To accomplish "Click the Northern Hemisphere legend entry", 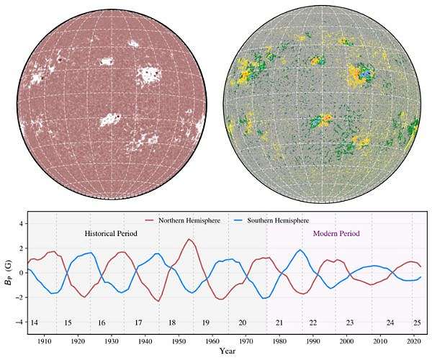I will [184, 219].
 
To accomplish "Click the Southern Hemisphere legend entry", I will [277, 219].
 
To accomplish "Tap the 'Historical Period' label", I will [111, 234].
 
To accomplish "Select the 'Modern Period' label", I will [336, 234].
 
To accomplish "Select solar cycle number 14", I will [34, 323].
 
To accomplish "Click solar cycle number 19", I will [205, 323].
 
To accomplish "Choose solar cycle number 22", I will [313, 323].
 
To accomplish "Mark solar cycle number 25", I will [416, 323].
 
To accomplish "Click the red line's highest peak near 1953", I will [189, 239].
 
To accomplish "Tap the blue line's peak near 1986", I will [300, 250].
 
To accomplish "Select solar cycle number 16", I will [102, 323].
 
